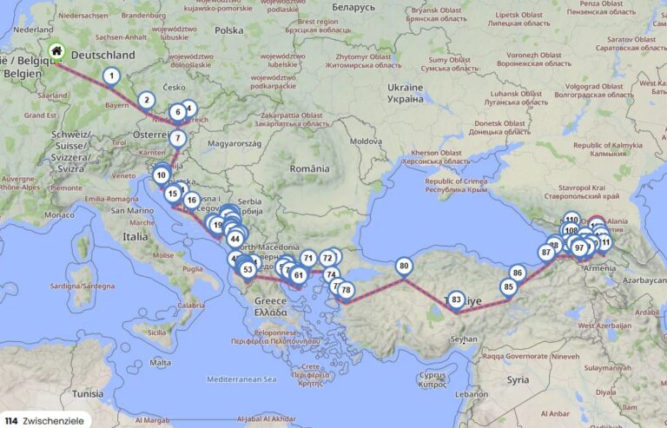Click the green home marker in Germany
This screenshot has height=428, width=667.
click(56, 51)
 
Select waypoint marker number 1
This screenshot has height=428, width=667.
click(111, 76)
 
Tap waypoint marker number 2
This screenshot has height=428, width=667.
click(146, 100)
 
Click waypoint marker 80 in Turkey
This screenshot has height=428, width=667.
click(404, 266)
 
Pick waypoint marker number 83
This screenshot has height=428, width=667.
click(456, 300)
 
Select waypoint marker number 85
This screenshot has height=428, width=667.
click(509, 286)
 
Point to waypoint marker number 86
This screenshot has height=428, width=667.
click(518, 273)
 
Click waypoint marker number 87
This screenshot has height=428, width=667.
click(546, 252)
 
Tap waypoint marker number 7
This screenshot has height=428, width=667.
click(178, 137)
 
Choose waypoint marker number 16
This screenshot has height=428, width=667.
click(191, 201)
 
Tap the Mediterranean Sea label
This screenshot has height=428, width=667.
click(241, 379)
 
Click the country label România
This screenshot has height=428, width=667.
click(311, 168)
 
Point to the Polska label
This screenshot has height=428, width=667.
click(229, 30)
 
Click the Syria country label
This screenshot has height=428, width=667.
click(518, 379)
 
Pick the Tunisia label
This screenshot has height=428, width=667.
click(88, 392)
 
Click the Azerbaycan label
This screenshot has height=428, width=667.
click(642, 280)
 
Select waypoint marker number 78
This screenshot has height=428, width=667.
click(347, 290)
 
